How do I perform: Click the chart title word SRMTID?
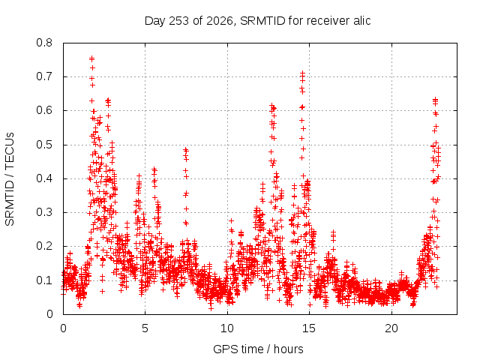262,21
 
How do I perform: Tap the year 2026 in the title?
220,21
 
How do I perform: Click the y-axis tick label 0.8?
44,43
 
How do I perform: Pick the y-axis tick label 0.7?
44,76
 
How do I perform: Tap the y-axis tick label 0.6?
44,110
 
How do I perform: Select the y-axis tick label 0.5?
44,145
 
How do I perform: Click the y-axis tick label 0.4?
44,178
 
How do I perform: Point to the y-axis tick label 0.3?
44,212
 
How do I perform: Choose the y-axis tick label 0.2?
44,246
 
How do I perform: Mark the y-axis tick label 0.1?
44,280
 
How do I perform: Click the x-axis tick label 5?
145,328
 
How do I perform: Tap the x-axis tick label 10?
226,328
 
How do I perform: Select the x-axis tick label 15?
309,328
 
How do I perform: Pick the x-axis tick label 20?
391,328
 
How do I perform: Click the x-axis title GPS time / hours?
258,349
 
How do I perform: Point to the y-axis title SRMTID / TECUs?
10,179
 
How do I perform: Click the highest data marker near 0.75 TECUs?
91,58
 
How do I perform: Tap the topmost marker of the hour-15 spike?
302,73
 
